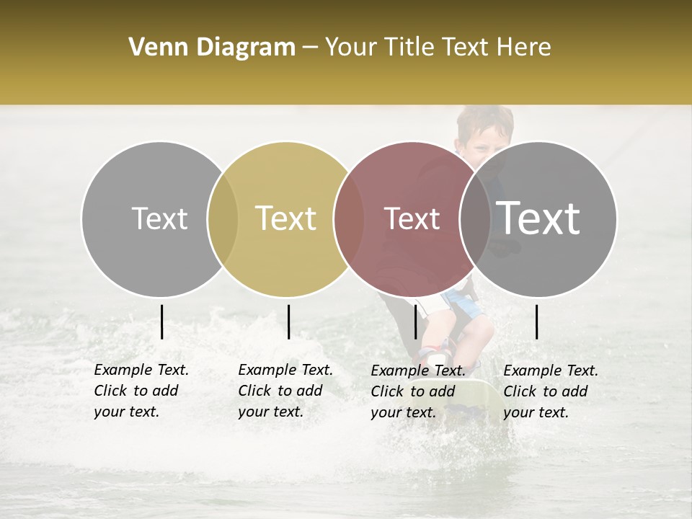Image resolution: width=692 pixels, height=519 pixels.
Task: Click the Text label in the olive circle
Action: point(285,218)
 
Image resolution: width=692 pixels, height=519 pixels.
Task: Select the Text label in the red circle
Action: point(412,218)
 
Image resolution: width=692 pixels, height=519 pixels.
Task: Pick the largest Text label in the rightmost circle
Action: point(538,218)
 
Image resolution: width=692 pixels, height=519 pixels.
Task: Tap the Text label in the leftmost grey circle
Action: point(159,218)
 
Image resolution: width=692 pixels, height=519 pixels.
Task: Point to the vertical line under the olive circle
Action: point(288,321)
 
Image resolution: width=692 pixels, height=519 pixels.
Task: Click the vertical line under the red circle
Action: point(415,321)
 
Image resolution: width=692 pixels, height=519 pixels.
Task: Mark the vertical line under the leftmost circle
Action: point(162,321)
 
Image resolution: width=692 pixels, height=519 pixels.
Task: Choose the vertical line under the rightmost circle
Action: point(537,321)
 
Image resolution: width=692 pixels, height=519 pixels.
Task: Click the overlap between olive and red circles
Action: point(349,219)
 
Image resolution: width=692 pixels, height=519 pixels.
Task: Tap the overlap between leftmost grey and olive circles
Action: point(223,219)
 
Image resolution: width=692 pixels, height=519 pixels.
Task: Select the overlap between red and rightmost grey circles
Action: point(475,219)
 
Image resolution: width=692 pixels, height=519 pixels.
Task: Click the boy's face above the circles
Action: point(484,138)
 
